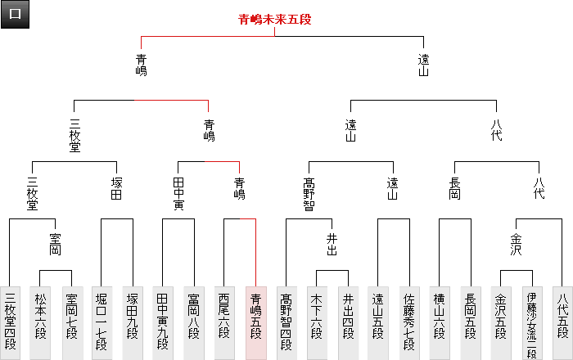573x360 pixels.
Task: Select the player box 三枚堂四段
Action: tap(11, 322)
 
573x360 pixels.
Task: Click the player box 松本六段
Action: tap(40, 322)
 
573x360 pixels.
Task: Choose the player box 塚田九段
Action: tap(132, 322)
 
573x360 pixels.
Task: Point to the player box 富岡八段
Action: tap(194, 322)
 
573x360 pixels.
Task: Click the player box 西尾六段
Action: tap(225, 322)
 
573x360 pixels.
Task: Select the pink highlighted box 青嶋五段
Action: tap(256, 322)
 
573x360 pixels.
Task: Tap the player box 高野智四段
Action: tap(286, 322)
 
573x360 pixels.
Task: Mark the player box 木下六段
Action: tap(317, 322)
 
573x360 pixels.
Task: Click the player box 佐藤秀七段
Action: tap(410, 322)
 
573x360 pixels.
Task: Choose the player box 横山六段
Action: tap(440, 322)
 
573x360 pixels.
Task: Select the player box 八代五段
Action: tap(562, 322)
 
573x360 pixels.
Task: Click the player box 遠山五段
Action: tap(379, 322)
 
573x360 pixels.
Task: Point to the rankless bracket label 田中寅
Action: tap(178, 194)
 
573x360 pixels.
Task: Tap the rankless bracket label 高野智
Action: tap(309, 194)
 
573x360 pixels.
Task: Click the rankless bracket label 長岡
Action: tap(455, 188)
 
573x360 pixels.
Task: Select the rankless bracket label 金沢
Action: tap(516, 244)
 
